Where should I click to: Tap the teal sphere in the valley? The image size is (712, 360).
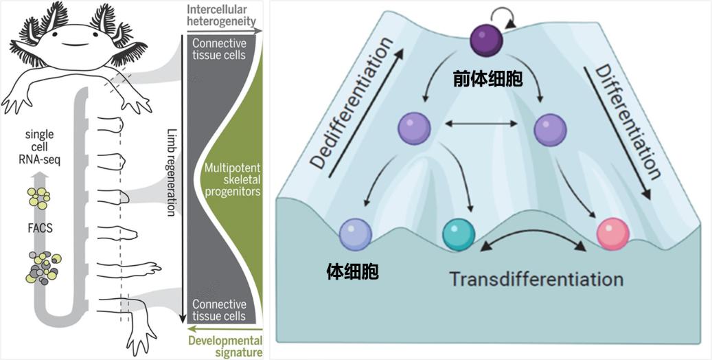point(459,234)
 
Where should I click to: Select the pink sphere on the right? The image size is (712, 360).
point(612,234)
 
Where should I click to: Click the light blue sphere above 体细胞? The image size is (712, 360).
point(355,233)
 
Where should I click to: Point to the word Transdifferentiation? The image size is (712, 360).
point(536,280)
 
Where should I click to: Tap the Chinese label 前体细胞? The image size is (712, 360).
point(487,80)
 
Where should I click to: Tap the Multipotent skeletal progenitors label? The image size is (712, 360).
point(231,180)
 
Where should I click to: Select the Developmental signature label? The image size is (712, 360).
point(227,346)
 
